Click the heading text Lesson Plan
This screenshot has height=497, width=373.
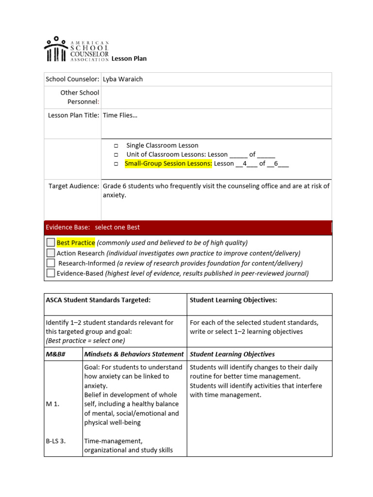coord(129,59)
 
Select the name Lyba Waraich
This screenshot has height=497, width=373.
coord(123,79)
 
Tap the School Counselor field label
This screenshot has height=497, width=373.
coord(72,79)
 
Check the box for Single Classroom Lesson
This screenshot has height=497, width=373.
coord(117,146)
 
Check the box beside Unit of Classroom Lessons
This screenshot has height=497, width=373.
coord(117,155)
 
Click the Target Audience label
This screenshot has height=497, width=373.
coord(74,186)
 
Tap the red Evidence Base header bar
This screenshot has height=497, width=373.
coord(188,227)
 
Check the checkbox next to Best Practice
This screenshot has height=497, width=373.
coord(51,242)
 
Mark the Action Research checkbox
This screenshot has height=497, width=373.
coord(51,253)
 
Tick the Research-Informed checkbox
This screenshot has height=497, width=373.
coord(51,263)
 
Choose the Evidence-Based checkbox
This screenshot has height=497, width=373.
coord(51,273)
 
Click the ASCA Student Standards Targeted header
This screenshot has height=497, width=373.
coord(98,300)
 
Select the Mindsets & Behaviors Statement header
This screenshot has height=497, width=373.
coord(134,354)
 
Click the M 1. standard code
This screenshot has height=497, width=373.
coord(53,404)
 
